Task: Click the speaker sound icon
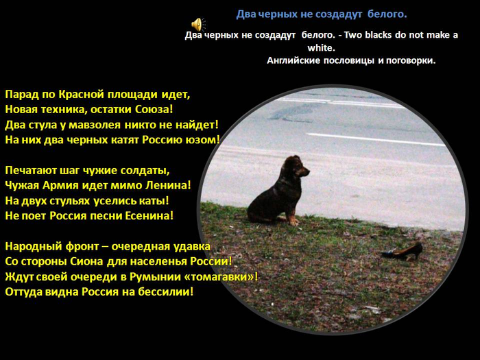pyautogui.click(x=198, y=25)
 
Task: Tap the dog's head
pyautogui.click(x=296, y=167)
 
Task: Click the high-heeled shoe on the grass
pyautogui.click(x=402, y=252)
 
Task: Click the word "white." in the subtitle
pyautogui.click(x=322, y=48)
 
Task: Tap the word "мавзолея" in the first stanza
pyautogui.click(x=95, y=125)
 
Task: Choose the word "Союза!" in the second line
pyautogui.click(x=154, y=110)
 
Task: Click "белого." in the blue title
pyautogui.click(x=387, y=14)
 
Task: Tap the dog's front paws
pyautogui.click(x=292, y=221)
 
